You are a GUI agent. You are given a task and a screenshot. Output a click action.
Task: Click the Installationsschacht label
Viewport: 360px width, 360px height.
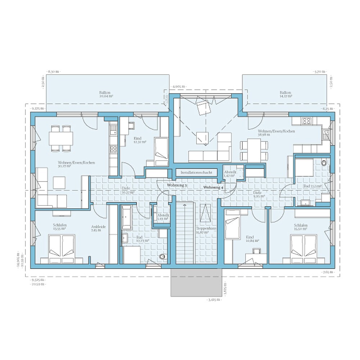coord(197,173)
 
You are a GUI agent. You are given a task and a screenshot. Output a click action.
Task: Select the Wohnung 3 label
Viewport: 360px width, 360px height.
coord(177,185)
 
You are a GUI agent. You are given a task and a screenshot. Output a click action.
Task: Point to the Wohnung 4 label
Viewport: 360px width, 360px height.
coord(213,188)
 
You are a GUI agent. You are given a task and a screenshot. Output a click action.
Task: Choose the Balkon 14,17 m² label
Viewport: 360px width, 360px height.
coord(286,94)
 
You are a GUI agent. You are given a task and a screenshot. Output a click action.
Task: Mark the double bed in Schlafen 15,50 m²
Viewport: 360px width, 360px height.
coord(304,246)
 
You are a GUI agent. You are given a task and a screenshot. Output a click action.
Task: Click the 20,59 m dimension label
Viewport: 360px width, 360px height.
coord(38,284)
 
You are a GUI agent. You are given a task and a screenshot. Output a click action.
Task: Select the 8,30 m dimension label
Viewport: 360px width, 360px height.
coord(53,72)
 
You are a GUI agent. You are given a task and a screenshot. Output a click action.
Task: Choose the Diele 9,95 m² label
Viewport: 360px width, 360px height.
coord(259,194)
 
